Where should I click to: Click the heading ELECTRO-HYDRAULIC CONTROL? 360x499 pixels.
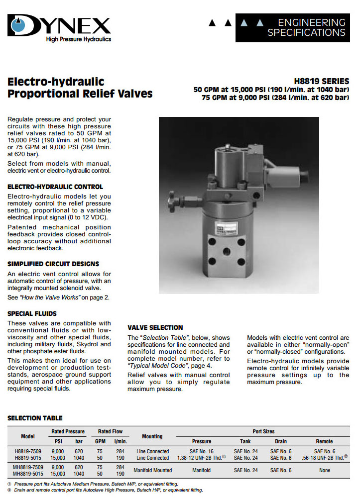(x=55, y=187)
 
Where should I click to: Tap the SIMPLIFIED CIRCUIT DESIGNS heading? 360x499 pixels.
(x=53, y=264)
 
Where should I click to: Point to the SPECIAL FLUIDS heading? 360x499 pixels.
(x=32, y=313)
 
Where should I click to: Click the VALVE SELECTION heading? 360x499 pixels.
(x=155, y=327)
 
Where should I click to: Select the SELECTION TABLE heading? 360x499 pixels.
(x=35, y=418)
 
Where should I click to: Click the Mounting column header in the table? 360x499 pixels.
(x=152, y=436)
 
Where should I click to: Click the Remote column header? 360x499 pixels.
(x=324, y=441)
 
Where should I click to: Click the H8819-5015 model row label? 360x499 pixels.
(x=28, y=458)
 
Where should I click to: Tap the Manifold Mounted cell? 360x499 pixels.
(x=153, y=470)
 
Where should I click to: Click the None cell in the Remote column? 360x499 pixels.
(x=324, y=470)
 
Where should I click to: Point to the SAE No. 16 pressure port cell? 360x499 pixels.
(x=201, y=451)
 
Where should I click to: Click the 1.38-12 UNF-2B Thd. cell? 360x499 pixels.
(x=199, y=458)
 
